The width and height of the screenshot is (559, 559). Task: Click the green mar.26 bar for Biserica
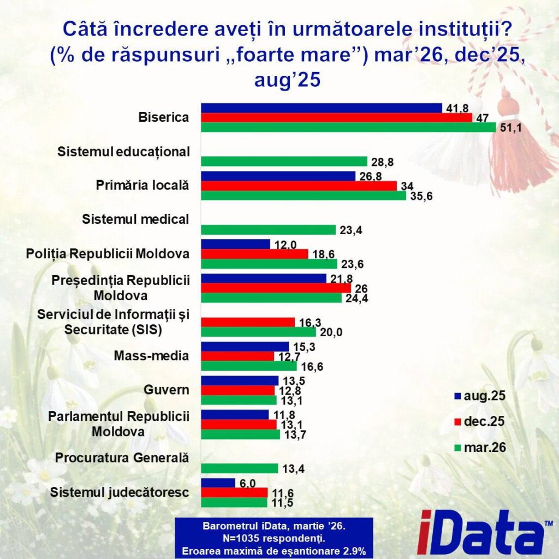[349, 127]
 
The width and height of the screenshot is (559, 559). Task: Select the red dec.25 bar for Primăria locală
[299, 186]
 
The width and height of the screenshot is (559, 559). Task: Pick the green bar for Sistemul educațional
[284, 161]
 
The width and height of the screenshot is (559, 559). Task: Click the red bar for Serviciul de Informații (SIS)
[248, 322]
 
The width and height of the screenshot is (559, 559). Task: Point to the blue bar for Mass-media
[245, 346]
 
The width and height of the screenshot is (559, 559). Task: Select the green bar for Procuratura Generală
[240, 468]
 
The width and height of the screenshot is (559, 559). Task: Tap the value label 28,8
[382, 162]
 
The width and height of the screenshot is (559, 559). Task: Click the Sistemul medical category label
[135, 219]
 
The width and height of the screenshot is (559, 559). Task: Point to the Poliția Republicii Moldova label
[108, 254]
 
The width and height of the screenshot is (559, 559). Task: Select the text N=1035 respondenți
[273, 539]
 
